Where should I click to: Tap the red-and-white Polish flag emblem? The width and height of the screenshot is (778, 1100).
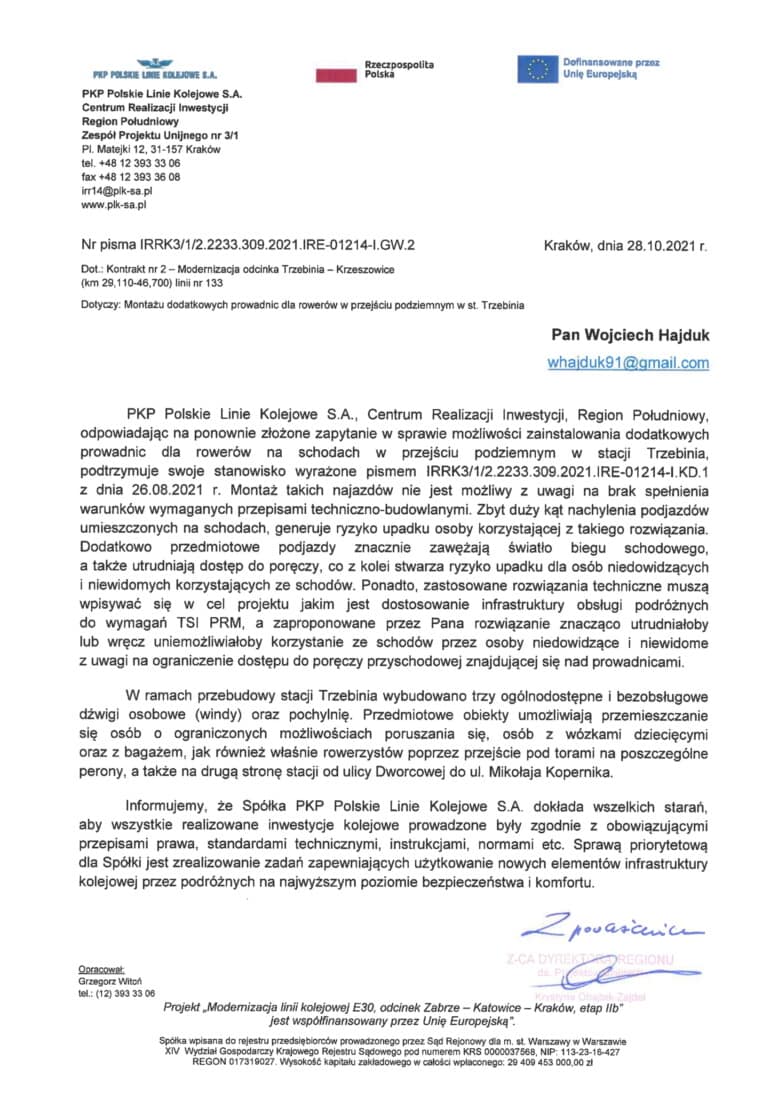[336, 72]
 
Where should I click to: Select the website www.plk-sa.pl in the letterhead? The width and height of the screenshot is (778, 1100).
[114, 204]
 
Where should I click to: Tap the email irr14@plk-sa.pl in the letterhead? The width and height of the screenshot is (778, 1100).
[116, 190]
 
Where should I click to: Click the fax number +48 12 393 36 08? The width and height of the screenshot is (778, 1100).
[131, 176]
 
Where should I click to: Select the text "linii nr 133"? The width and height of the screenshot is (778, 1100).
[209, 283]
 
